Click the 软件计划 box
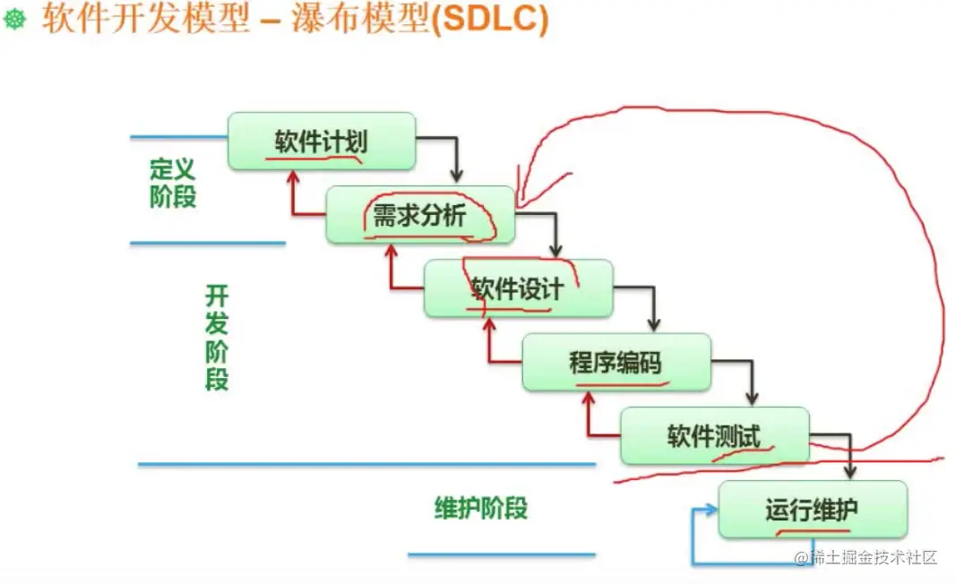click(x=322, y=141)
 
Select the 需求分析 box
click(x=420, y=215)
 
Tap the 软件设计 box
click(x=519, y=288)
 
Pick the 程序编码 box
click(x=616, y=363)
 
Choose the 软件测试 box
click(x=715, y=436)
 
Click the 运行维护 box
click(x=813, y=510)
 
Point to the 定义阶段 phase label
click(x=173, y=183)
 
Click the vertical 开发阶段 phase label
click(x=217, y=338)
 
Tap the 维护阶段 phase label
click(x=480, y=508)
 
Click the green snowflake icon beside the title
click(x=14, y=19)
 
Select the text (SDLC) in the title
click(x=490, y=18)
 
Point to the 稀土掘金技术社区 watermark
click(x=865, y=556)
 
